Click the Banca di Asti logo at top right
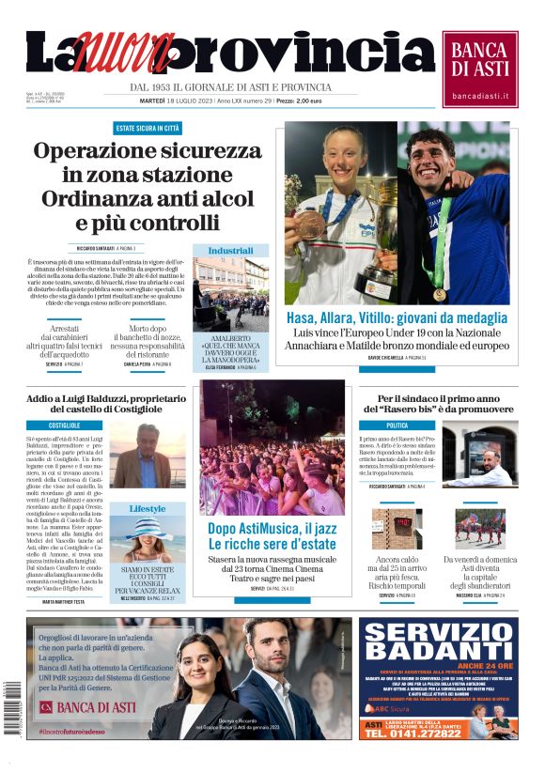[480, 68]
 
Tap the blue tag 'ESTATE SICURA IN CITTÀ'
[148, 128]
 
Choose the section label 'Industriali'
[230, 251]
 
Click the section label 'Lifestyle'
[147, 508]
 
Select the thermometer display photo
[396, 529]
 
